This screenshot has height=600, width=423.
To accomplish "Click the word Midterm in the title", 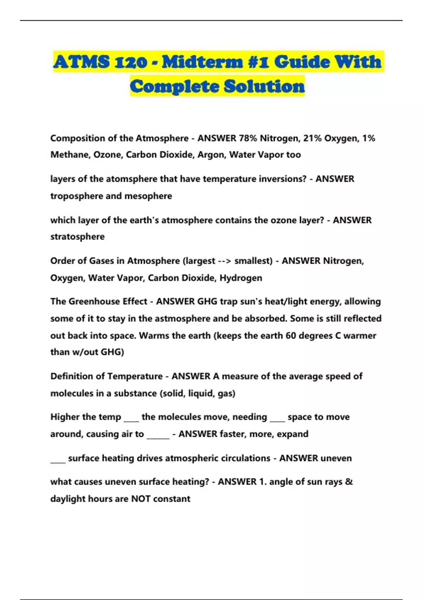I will point(202,62).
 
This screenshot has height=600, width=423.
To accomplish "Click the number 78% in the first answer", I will point(248,138).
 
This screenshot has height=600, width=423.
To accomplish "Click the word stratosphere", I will point(77,236).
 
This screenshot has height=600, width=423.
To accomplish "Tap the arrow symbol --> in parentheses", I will point(225,261).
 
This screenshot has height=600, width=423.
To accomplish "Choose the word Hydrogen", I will point(241,278).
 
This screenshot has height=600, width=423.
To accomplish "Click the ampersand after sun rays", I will point(349,482).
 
